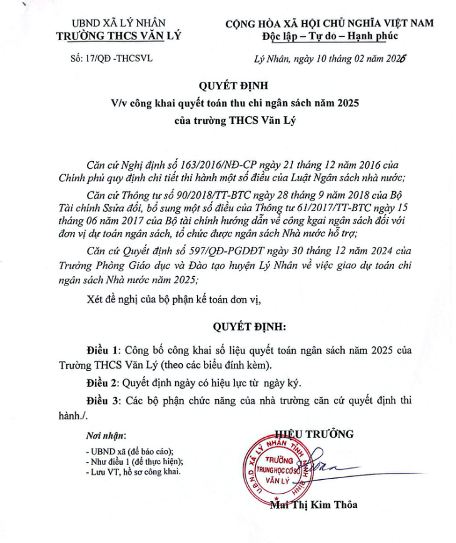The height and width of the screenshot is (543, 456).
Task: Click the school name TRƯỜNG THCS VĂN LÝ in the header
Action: point(118,36)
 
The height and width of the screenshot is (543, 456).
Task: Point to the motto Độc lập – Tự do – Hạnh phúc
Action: point(330,36)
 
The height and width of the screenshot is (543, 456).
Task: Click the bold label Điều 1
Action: point(101,349)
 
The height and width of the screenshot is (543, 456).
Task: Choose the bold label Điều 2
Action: point(101,381)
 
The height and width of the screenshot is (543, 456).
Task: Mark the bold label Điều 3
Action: point(101,400)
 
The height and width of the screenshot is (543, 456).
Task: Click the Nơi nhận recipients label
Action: point(105,435)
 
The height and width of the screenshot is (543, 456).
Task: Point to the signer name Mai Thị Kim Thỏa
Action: point(314,504)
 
